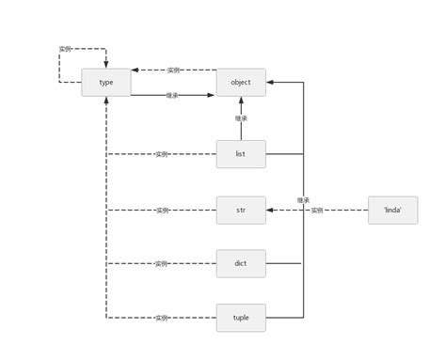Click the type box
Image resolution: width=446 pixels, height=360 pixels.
tap(105, 83)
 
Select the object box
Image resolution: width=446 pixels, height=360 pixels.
tap(241, 83)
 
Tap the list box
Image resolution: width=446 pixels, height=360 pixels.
tap(241, 154)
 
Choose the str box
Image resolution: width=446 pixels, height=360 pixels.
tap(241, 210)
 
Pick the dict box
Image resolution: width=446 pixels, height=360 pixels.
tap(241, 264)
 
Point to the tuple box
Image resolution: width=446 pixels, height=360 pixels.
tap(241, 318)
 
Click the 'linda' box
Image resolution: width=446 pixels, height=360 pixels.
tap(392, 210)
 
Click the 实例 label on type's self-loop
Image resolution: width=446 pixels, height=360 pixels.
tap(65, 49)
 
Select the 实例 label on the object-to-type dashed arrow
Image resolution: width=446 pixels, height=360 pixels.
tap(174, 70)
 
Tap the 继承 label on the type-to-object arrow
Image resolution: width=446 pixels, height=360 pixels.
tap(172, 95)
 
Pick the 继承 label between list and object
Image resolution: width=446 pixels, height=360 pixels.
tap(241, 118)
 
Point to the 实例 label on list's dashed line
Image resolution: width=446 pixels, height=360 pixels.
tap(162, 154)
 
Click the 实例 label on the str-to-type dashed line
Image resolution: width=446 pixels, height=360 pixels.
tap(162, 210)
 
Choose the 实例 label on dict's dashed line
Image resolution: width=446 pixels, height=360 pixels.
tap(162, 264)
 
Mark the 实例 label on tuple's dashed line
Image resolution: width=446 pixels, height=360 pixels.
tap(162, 318)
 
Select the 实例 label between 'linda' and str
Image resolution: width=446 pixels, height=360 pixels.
tap(317, 211)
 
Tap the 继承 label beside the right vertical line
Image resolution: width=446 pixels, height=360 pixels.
tap(303, 200)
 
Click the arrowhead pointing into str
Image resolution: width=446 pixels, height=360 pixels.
tap(270, 210)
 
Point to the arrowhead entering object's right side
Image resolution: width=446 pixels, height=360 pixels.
tap(270, 83)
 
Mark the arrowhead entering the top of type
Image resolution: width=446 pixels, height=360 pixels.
tap(105, 64)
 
